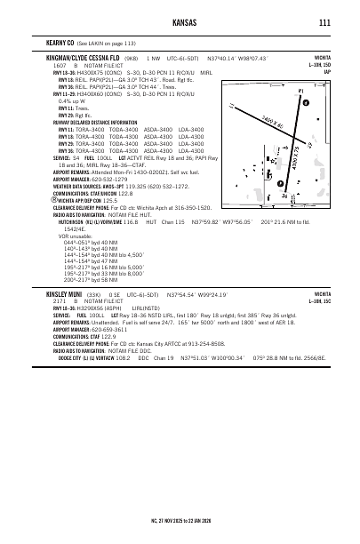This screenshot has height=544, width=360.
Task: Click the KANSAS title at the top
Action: click(x=179, y=23)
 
